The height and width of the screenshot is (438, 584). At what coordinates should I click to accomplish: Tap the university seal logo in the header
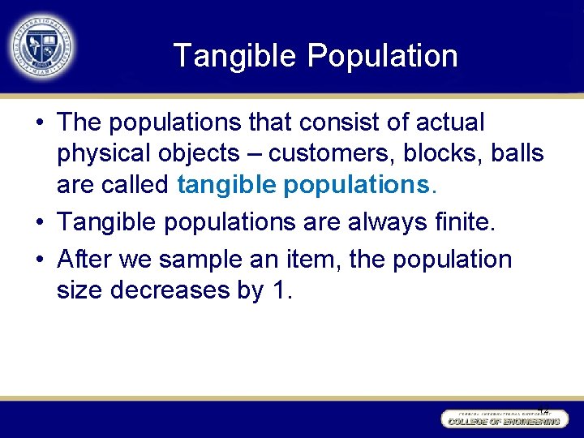coord(41,47)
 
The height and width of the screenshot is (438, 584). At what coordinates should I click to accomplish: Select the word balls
coord(519,153)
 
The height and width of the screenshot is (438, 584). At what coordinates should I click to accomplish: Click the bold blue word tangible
coord(226,184)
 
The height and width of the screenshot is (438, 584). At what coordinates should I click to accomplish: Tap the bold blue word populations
coord(359,184)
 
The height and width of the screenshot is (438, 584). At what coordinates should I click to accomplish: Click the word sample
coord(205,260)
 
